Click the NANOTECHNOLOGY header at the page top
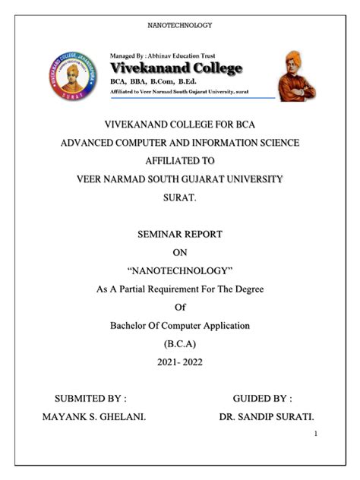(x=179, y=26)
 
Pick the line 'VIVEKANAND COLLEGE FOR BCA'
(x=179, y=124)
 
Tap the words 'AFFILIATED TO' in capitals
(x=179, y=161)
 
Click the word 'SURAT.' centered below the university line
(x=179, y=197)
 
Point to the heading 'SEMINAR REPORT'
(x=179, y=235)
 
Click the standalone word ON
(x=179, y=253)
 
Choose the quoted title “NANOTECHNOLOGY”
(x=179, y=271)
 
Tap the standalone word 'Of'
(x=179, y=308)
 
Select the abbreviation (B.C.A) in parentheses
(x=179, y=344)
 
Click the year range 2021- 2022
(x=179, y=362)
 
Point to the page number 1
(x=314, y=434)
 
